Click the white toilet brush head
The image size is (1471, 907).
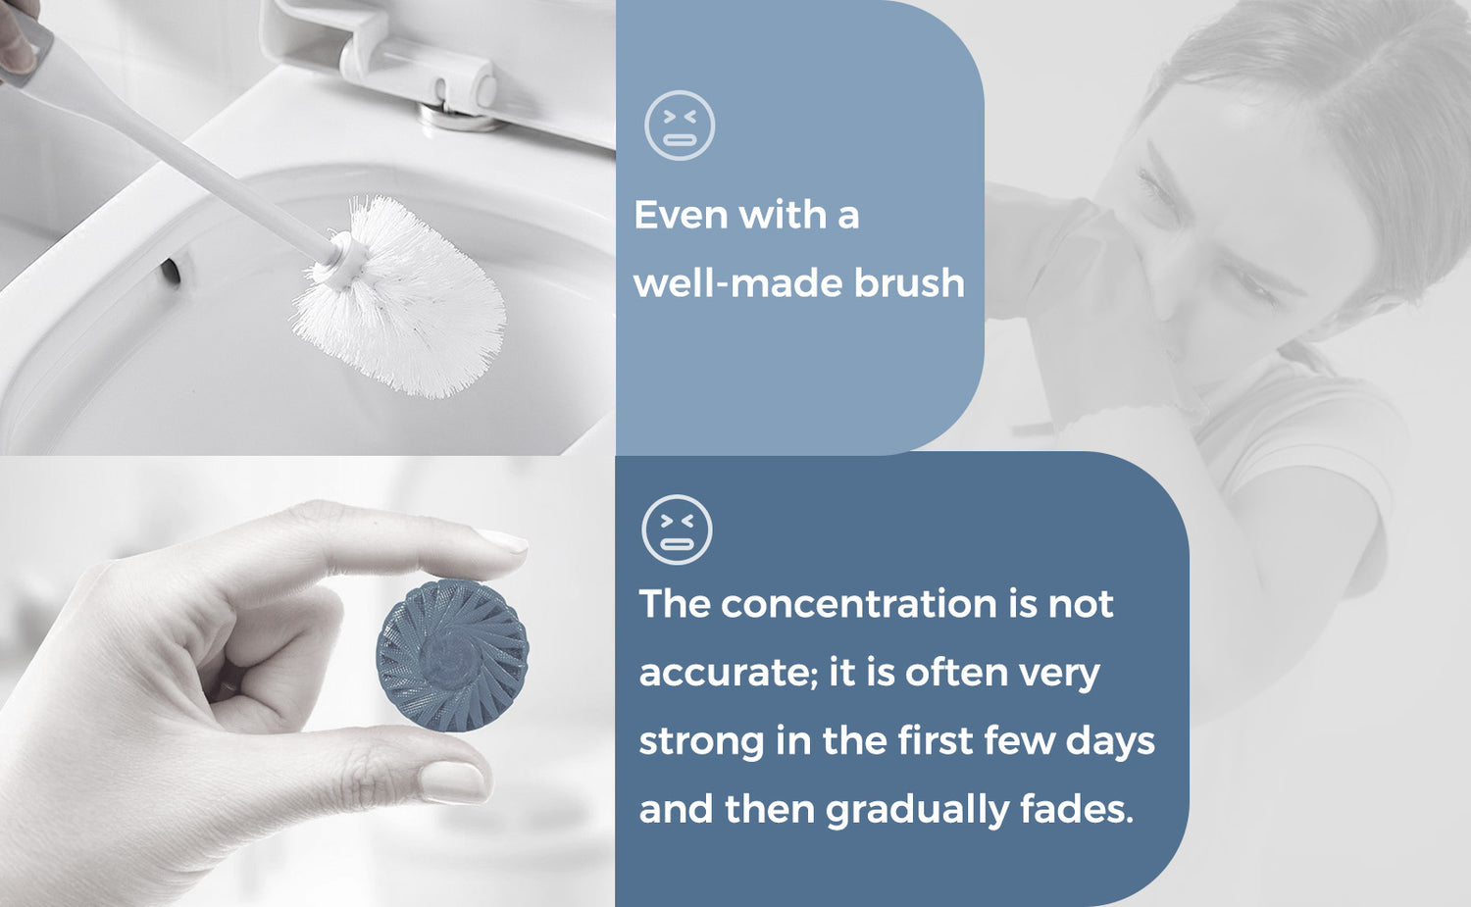pos(400,299)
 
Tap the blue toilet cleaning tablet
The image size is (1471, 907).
pos(452,655)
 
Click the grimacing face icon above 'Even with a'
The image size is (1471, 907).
pos(680,126)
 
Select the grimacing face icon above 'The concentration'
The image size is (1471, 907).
pos(677,529)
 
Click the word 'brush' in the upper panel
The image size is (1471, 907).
pos(909,282)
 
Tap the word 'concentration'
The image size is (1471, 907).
pos(859,604)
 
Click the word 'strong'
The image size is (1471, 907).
pos(701,742)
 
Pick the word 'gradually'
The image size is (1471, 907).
pos(917,810)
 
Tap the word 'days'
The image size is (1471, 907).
pos(1110,742)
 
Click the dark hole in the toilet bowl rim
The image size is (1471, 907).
pos(171,272)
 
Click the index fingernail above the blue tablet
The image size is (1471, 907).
pos(502,542)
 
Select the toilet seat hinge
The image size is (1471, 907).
pos(421,66)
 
